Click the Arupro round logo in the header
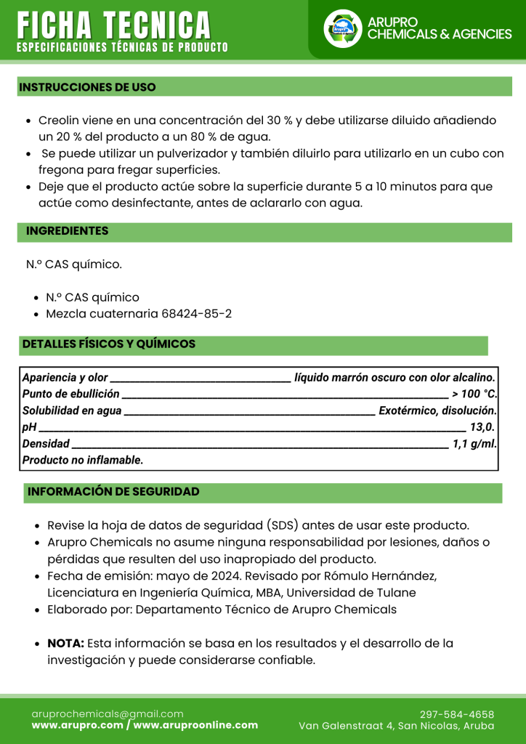coord(342,28)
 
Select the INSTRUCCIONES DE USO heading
coord(87,87)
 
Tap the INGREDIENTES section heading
coord(68,231)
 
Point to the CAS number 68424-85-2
coord(195,314)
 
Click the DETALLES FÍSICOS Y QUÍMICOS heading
coord(109,344)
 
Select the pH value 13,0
coord(482,426)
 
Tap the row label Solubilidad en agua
coord(72,411)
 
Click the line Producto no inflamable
coord(83,460)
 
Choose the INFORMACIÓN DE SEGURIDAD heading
coord(113,492)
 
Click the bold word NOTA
coord(65,644)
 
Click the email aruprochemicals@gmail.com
coord(108,714)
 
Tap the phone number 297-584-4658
coord(457,714)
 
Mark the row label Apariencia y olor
coord(65,378)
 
